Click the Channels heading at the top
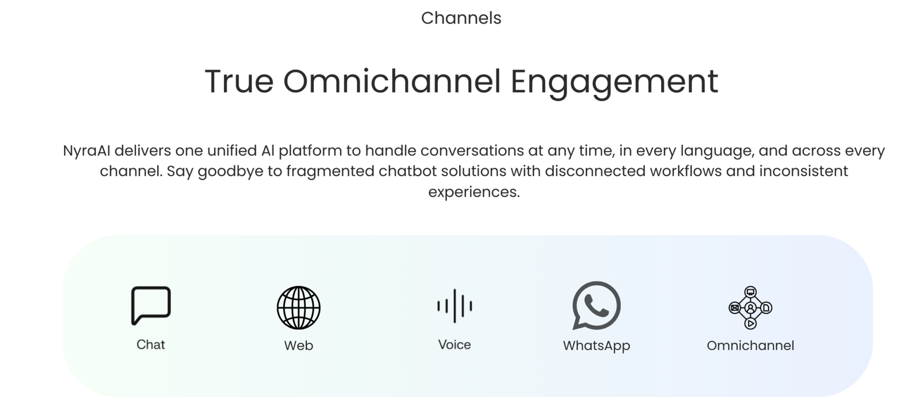click(461, 18)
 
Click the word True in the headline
click(239, 81)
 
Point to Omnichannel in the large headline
click(392, 81)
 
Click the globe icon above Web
click(299, 307)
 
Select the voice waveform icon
click(455, 306)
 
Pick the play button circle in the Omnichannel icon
click(751, 324)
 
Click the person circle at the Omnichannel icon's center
click(751, 307)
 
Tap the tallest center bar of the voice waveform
click(455, 306)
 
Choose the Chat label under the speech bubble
click(151, 345)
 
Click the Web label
click(299, 346)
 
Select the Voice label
click(455, 345)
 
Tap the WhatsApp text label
click(596, 346)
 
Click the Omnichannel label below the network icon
click(751, 346)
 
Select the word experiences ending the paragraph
click(474, 192)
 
